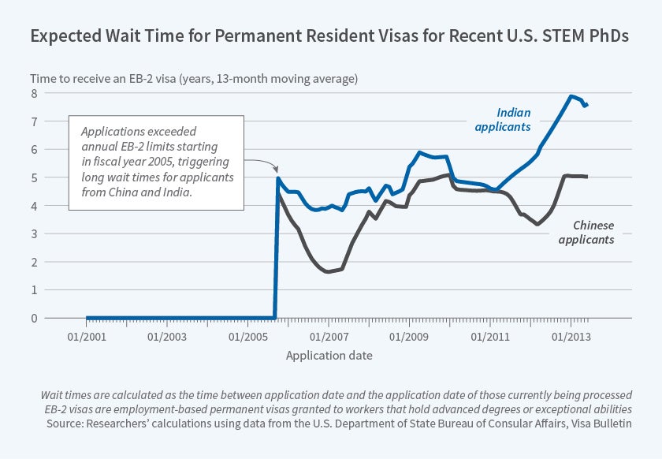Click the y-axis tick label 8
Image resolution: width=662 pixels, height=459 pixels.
[34, 94]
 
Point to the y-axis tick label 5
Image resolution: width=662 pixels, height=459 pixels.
[34, 178]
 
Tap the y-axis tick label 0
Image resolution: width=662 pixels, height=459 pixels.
[34, 319]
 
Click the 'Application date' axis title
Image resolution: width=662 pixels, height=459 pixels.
[329, 356]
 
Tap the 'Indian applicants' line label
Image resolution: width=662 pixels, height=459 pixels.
[514, 119]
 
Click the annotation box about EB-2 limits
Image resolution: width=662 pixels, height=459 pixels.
[156, 163]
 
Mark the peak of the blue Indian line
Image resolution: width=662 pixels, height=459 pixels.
[571, 96]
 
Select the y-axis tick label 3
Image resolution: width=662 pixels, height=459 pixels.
[34, 234]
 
